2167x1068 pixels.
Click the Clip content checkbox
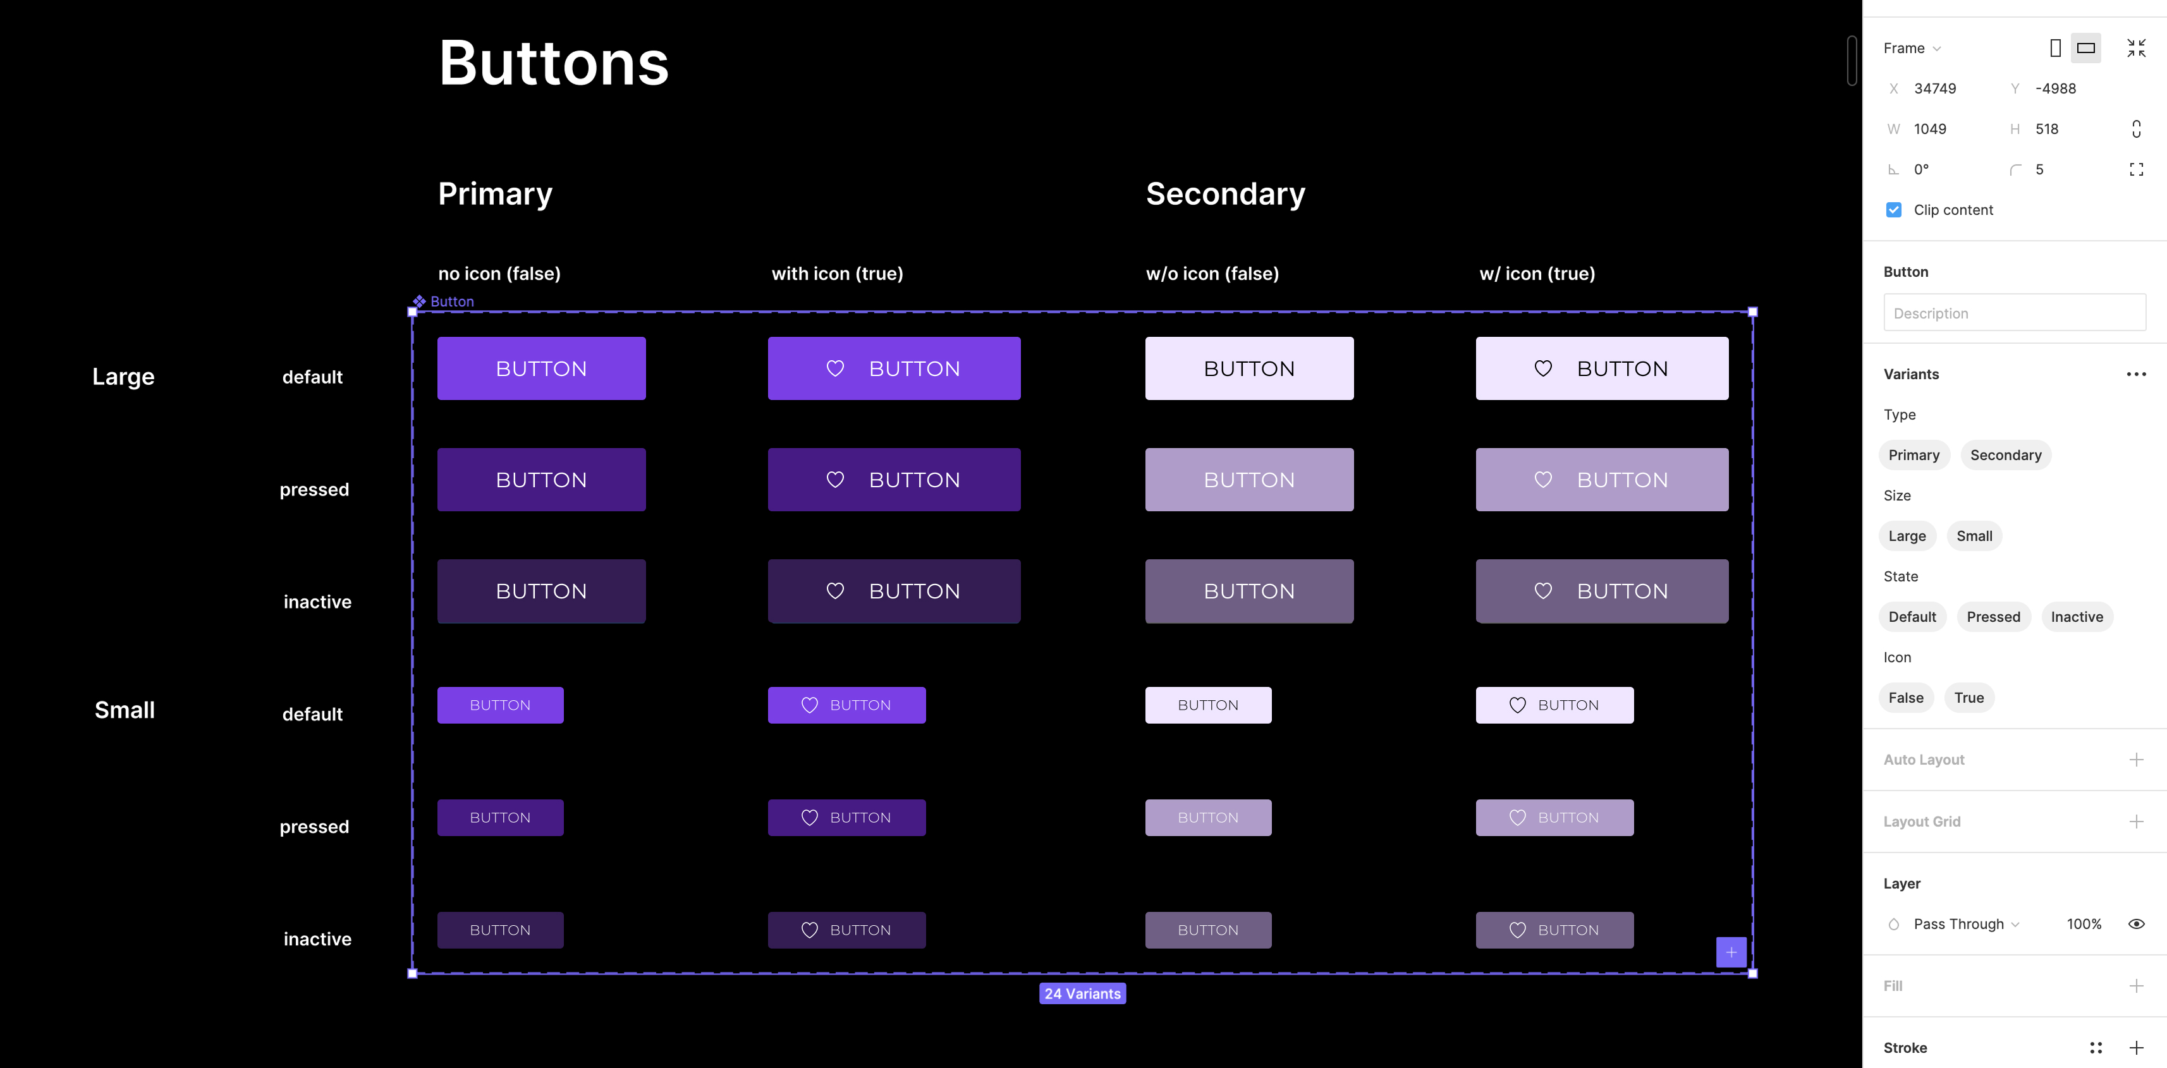click(x=1894, y=210)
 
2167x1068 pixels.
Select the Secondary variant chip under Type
click(x=2005, y=455)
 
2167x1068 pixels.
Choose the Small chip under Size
click(x=1974, y=536)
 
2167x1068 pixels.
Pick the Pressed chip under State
click(x=1993, y=616)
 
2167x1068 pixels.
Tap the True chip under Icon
click(x=1969, y=697)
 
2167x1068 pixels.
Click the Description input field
click(x=2014, y=313)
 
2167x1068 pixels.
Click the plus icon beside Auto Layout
click(x=2136, y=760)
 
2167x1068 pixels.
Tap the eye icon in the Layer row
click(x=2136, y=924)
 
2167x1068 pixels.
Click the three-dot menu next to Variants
click(x=2136, y=374)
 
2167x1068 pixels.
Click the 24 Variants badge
click(x=1082, y=993)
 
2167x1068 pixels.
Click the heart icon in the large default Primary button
click(x=834, y=368)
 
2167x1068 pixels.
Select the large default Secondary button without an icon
click(x=1249, y=368)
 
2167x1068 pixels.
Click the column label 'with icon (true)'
click(x=837, y=273)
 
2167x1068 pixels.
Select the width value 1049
click(x=1930, y=129)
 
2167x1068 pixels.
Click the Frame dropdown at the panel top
click(x=1911, y=48)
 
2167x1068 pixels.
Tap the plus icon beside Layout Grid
click(x=2136, y=822)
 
